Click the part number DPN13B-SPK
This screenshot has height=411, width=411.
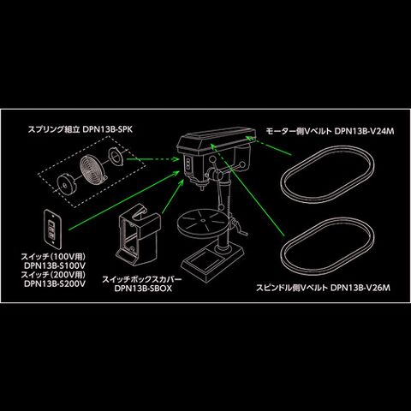point(108,129)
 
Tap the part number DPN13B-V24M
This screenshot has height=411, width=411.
point(364,131)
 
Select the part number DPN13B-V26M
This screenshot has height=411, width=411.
point(360,288)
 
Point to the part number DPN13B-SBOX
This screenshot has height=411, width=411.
point(143,289)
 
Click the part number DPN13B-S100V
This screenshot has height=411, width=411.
point(55,265)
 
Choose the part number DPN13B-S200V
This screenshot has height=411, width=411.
point(55,284)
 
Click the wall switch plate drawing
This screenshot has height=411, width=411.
point(53,229)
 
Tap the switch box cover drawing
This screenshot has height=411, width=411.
point(139,235)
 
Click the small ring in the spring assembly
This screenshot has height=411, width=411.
point(116,157)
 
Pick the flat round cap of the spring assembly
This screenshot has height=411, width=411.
point(68,186)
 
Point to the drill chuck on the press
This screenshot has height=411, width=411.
point(202,187)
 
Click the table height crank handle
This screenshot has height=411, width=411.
point(239,229)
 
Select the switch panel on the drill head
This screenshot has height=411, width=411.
point(188,165)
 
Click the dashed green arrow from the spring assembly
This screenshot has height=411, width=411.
point(152,159)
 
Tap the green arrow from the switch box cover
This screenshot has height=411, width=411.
point(173,197)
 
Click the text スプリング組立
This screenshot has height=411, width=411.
point(54,129)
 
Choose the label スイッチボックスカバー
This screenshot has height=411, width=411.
point(142,279)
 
